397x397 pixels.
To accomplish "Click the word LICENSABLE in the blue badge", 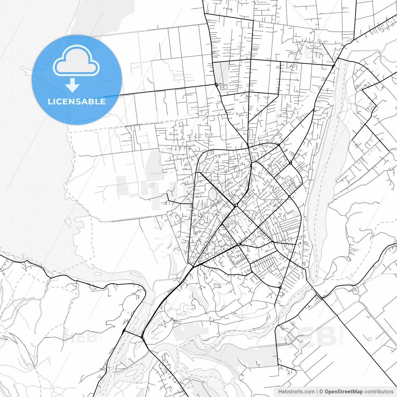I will (x=77, y=102).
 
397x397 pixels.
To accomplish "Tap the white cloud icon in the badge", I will (x=76, y=61).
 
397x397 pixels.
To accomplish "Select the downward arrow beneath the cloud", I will (x=73, y=85).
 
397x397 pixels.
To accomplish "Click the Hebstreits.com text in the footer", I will (x=296, y=392).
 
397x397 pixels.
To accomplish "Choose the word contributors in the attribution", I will (x=379, y=392).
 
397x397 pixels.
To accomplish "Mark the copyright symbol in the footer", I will (x=321, y=392).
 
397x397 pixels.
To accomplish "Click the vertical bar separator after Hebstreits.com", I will (x=317, y=392).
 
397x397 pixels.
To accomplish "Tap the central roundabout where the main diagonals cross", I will (x=236, y=205).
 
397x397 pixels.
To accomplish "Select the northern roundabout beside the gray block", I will (x=216, y=84).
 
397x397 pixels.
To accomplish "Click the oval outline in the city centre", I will (x=213, y=194).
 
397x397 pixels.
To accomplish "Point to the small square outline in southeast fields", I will (x=369, y=338).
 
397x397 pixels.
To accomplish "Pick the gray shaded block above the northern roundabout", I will (x=221, y=72).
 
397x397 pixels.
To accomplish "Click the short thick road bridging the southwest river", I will (x=133, y=334).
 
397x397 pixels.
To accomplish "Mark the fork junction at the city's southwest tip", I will (x=193, y=266).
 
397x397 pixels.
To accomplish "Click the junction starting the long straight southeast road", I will (x=322, y=298).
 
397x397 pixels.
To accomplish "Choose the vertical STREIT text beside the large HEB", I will (x=342, y=335).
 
